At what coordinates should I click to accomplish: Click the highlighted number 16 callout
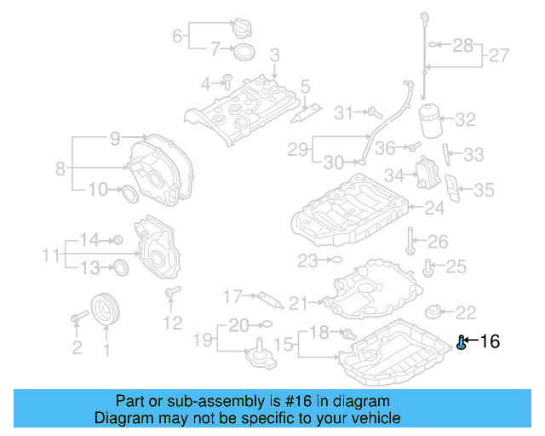(490, 342)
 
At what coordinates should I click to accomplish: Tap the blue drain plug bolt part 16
(462, 343)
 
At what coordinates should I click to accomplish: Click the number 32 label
(465, 120)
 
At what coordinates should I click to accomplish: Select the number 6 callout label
(177, 36)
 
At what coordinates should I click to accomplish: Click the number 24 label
(434, 208)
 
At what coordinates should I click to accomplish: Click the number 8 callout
(60, 169)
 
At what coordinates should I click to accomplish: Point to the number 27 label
(499, 56)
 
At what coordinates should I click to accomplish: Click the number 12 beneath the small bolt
(172, 323)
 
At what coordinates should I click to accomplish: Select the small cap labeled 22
(436, 311)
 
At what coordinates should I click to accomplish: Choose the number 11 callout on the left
(50, 255)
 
